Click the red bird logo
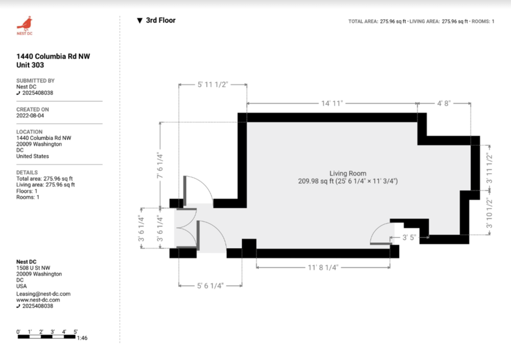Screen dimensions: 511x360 click(x=24, y=23)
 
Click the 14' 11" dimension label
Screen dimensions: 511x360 click(x=332, y=103)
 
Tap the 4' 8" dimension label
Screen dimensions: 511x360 click(x=444, y=103)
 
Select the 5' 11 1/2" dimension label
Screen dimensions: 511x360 click(x=212, y=85)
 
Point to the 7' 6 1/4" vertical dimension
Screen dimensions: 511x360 click(x=160, y=165)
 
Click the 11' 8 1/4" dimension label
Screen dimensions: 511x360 click(x=323, y=267)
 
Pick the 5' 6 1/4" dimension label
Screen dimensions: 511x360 click(x=210, y=286)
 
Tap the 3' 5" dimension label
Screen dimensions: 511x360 click(x=409, y=237)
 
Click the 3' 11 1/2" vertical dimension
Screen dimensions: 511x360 click(x=489, y=168)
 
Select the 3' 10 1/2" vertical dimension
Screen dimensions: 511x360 click(x=489, y=213)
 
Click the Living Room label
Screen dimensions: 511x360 click(x=347, y=173)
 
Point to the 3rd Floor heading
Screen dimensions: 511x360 click(x=161, y=20)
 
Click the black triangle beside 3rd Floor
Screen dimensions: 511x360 click(x=140, y=20)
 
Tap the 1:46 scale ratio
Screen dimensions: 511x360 click(x=82, y=338)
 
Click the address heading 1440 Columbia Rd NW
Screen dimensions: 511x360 click(x=53, y=56)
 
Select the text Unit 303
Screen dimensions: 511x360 click(x=30, y=65)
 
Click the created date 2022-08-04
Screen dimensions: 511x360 click(x=30, y=116)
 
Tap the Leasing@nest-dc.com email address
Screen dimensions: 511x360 click(x=43, y=294)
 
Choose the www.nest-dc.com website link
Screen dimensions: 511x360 click(x=38, y=300)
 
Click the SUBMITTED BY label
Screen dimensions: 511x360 click(x=35, y=81)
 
